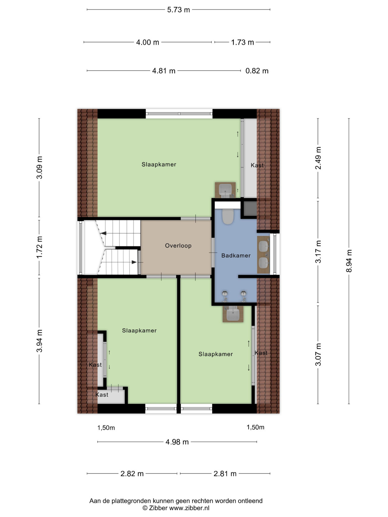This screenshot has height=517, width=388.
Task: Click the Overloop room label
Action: pos(178,246)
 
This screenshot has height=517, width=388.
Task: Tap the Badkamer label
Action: pos(236,256)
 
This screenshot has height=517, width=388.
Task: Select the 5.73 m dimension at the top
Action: pos(178,10)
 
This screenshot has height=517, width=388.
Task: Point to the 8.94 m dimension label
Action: pos(349,261)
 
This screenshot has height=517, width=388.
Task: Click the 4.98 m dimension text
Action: pos(177,442)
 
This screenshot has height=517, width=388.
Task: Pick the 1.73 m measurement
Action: pos(242,42)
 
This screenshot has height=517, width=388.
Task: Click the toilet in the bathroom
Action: pos(228,216)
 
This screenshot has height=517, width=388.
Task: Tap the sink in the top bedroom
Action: pos(225,190)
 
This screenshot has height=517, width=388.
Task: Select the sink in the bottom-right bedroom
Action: pos(233,314)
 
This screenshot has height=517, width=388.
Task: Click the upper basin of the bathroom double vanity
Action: pos(264,247)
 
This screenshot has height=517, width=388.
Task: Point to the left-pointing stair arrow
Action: pos(103,233)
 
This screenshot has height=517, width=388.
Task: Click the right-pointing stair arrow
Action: pos(134,262)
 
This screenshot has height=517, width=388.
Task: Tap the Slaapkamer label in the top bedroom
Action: pos(159,164)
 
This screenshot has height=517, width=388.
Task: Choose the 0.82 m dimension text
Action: pos(257,71)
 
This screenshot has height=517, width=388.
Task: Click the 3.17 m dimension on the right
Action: pos(318,252)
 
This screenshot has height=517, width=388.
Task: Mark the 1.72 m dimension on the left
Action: pos(39,247)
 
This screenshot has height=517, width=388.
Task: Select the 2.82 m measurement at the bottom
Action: pos(132,474)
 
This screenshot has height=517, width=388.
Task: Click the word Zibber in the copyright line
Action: pos(158,508)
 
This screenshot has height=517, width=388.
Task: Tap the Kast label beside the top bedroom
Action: pos(257,165)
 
